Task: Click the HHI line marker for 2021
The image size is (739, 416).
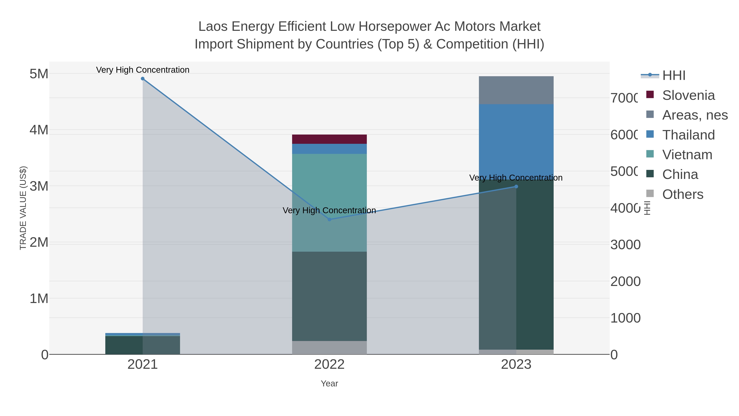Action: point(143,79)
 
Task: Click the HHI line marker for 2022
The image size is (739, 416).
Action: point(329,219)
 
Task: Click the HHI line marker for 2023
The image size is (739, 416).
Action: point(516,187)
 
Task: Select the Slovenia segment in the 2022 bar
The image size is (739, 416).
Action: point(329,139)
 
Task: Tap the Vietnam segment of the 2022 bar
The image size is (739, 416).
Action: point(329,189)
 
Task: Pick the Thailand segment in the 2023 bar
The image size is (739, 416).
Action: point(516,138)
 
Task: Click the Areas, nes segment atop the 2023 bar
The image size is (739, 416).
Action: point(516,90)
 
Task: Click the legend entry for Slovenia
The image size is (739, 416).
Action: point(688,95)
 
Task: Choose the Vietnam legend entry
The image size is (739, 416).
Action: point(687,155)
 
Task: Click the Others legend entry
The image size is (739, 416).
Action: point(683,194)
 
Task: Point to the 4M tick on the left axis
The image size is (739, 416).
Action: point(39,130)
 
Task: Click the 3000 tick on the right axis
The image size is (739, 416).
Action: point(625,245)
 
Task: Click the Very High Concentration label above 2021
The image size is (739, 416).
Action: point(143,70)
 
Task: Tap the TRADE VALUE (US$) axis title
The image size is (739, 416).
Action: point(23,208)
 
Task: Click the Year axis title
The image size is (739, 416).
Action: point(329,384)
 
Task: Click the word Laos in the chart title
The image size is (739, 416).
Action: point(213,27)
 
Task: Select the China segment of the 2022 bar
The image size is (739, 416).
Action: point(329,296)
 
